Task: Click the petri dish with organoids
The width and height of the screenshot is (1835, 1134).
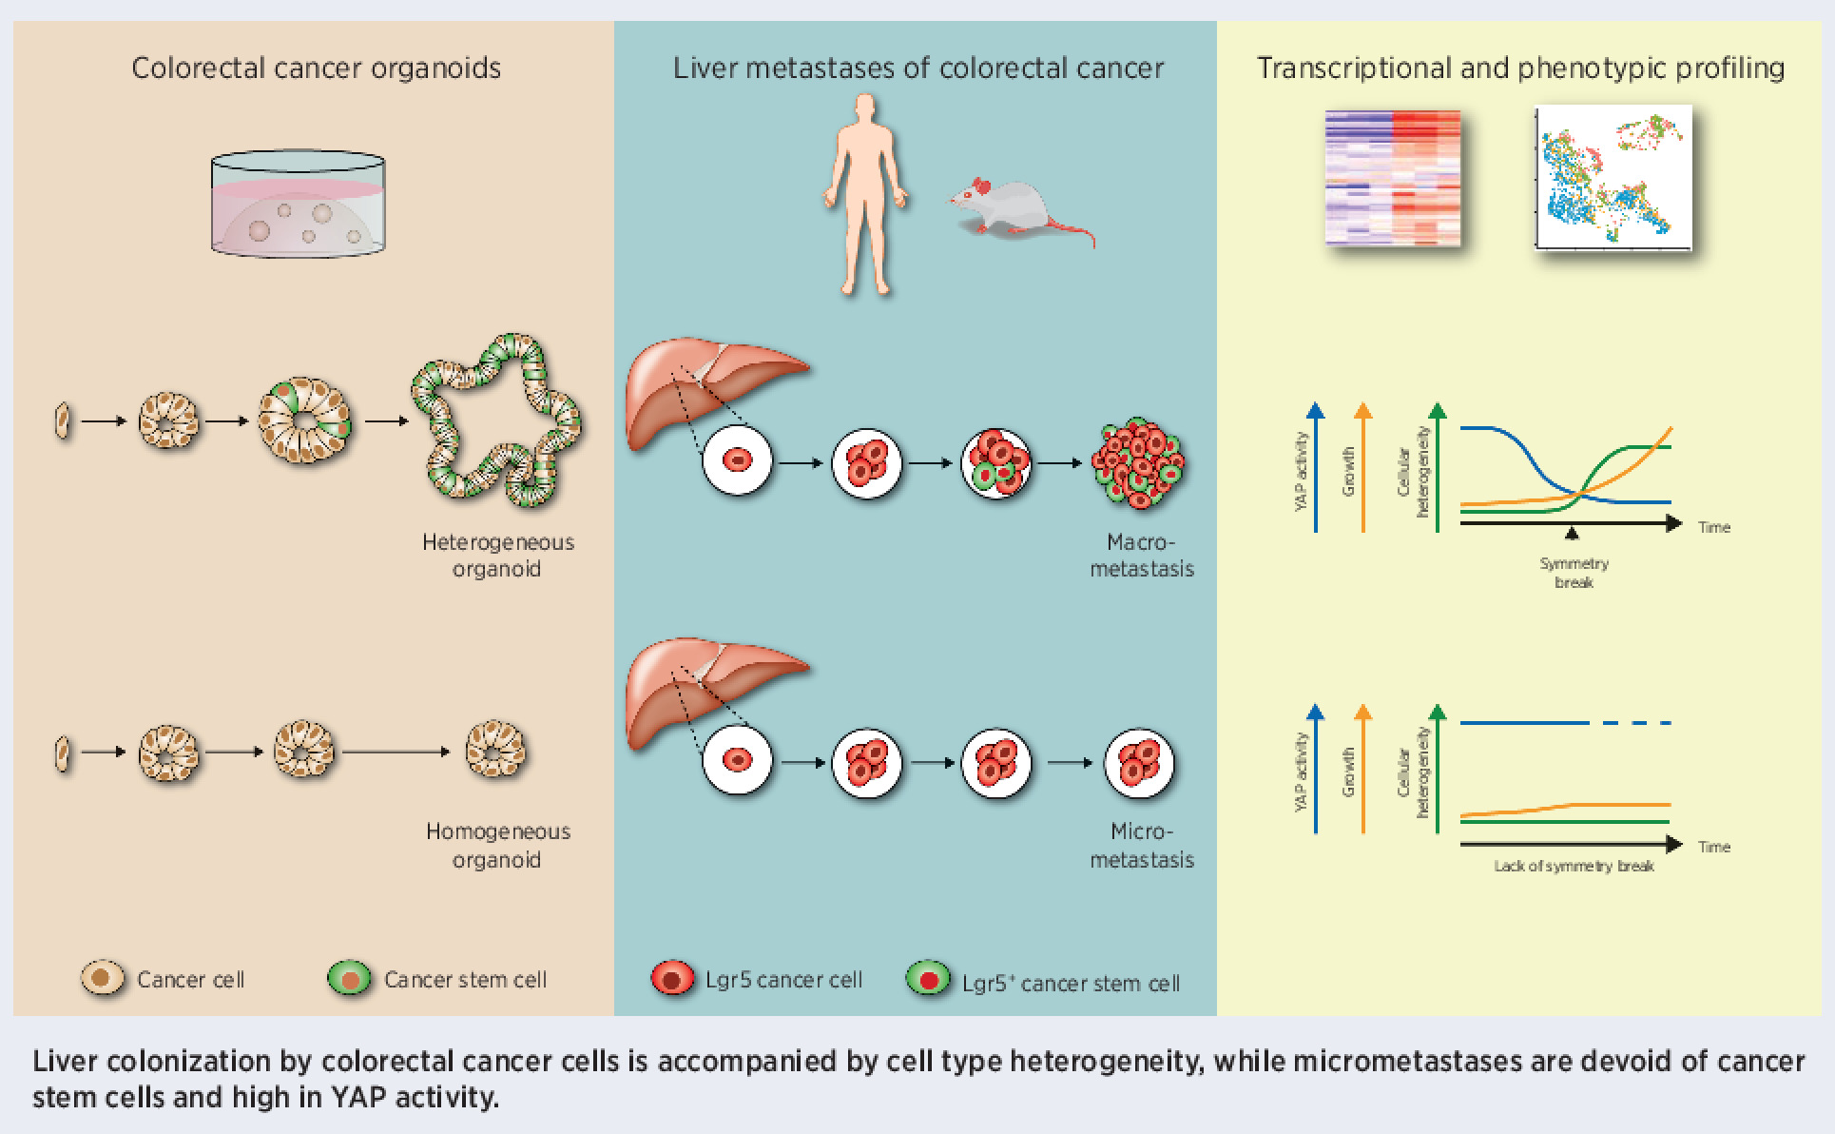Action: point(299,207)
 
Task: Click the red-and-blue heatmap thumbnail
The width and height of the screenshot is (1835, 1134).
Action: point(1392,179)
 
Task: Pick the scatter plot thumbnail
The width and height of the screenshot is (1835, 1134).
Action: point(1613,179)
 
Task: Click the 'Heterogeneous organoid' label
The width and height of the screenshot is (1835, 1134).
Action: point(497,556)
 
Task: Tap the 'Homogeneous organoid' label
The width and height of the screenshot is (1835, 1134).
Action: point(497,845)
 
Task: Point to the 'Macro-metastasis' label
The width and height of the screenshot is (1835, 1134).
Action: point(1141,556)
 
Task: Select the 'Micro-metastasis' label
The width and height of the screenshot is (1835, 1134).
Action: point(1141,845)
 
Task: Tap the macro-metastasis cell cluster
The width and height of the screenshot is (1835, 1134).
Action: point(1138,464)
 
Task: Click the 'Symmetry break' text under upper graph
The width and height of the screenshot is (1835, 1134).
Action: point(1574,573)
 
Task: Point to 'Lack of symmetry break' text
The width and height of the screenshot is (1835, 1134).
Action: point(1574,866)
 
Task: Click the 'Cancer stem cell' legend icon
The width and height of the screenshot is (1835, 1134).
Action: point(349,979)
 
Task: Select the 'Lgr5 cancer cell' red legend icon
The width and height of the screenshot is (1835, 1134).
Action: point(673,979)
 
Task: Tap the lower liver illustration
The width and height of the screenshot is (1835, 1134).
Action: point(704,689)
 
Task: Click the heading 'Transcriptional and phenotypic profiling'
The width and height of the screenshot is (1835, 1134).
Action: point(1520,68)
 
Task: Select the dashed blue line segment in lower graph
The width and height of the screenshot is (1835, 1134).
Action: point(1637,723)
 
